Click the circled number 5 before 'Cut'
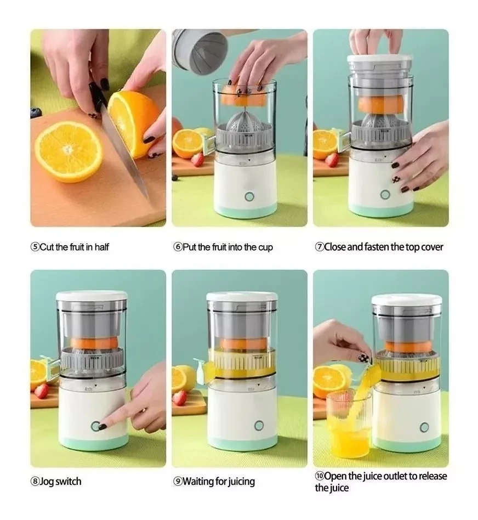point(35,247)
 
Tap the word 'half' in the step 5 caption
point(101,247)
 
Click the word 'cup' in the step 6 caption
point(265,247)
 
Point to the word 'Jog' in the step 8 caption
point(47,482)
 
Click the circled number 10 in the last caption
point(319,476)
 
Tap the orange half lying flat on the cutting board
point(69,151)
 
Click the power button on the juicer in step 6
point(249,197)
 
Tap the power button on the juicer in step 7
point(385,194)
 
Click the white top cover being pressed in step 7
point(380,58)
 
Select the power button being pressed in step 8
point(95,426)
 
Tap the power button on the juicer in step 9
point(259,426)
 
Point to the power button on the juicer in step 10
point(424,427)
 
